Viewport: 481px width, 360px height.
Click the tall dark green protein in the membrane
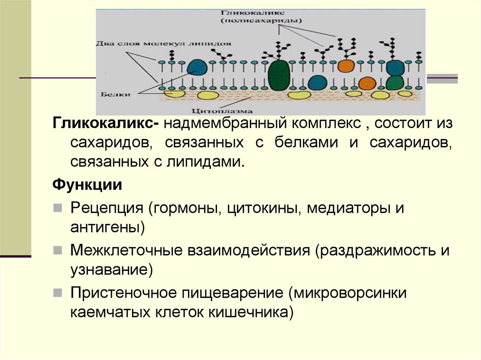279,75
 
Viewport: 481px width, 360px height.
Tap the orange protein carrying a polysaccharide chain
345,66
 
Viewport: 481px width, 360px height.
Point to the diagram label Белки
115,94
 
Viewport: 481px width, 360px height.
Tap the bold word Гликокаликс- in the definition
105,124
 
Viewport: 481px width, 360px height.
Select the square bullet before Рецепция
57,207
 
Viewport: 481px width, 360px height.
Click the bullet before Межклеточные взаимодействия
57,250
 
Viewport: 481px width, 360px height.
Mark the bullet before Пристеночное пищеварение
57,292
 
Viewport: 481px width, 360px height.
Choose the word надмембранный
225,124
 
